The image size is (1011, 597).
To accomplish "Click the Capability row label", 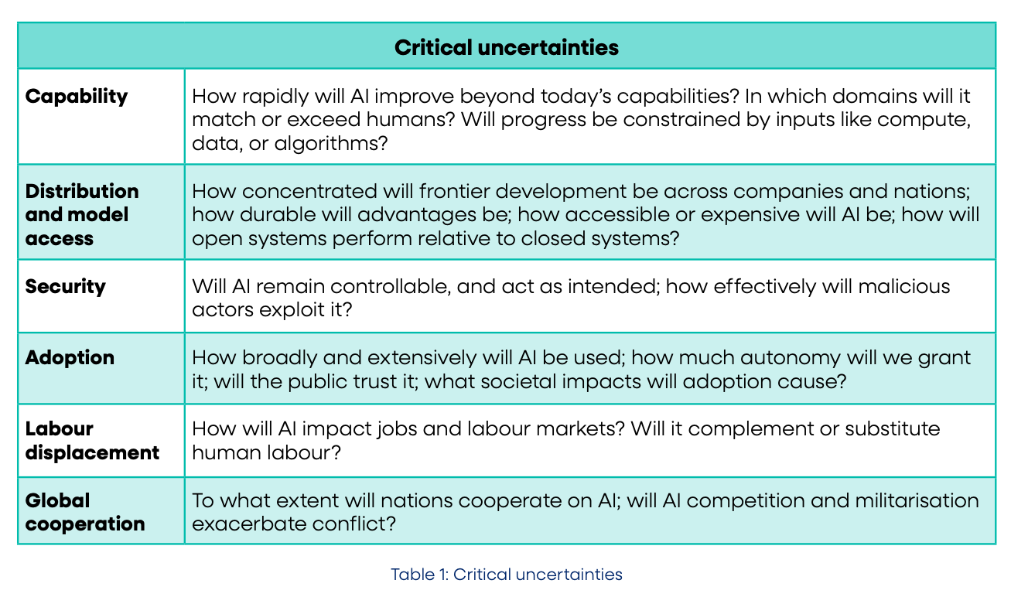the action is [x=77, y=97].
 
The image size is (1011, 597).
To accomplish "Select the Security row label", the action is [x=66, y=287].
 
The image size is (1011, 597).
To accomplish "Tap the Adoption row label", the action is [x=70, y=358].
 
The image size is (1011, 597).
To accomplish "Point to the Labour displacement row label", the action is [x=92, y=441].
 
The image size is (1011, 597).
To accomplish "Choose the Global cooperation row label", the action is [x=85, y=512].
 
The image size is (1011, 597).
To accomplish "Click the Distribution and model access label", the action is [x=82, y=215].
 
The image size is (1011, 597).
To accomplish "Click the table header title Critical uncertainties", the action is [x=507, y=47].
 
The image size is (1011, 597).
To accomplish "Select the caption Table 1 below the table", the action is [x=507, y=575].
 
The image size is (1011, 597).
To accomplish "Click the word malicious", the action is [x=904, y=287].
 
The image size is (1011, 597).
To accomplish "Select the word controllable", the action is [x=391, y=287].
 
